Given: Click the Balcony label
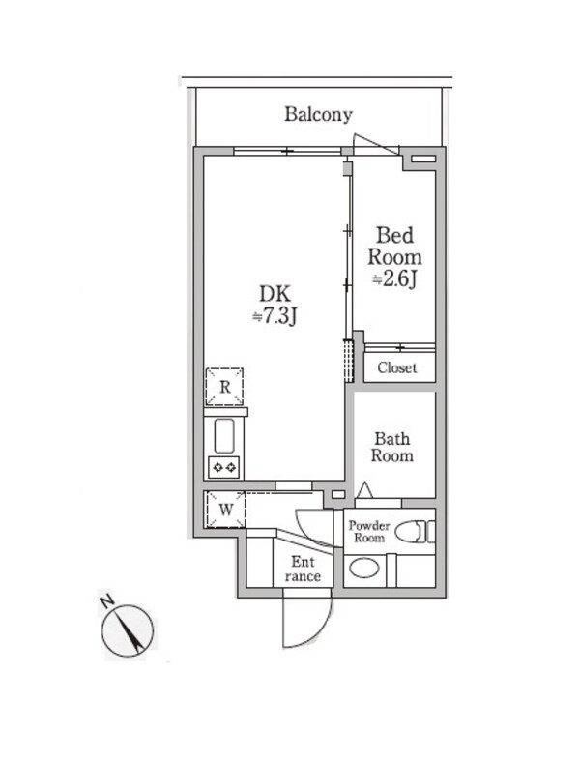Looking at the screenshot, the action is tap(318, 114).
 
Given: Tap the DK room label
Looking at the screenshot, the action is tap(275, 294).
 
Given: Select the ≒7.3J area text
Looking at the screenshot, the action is tap(275, 316).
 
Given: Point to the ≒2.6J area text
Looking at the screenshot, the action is tap(394, 279).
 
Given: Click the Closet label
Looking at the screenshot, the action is tap(397, 367).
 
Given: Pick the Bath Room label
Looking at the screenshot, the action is tap(392, 447).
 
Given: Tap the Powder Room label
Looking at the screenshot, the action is tap(369, 532).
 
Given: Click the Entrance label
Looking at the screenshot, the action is tap(303, 569).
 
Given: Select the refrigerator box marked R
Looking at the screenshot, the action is tap(224, 387).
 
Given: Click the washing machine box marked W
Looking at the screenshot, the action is tap(225, 510).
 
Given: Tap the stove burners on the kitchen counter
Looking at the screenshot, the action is tap(224, 467).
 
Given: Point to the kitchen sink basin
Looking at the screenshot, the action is tap(224, 435).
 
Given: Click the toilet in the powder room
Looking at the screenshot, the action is tap(415, 532).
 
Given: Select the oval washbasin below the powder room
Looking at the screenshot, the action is tap(364, 569).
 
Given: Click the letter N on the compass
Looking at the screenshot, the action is tap(106, 600).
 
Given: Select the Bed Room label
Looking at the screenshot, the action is tap(394, 246).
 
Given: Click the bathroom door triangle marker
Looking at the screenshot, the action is tap(364, 490).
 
